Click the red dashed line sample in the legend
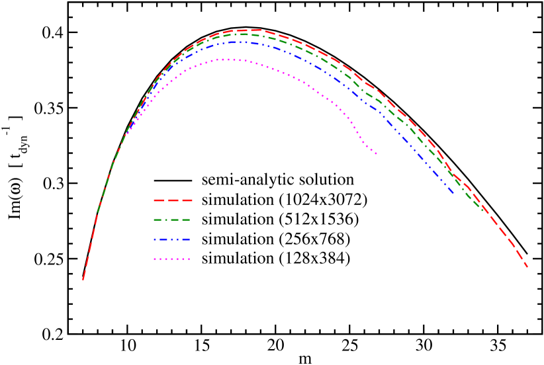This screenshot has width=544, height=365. [x=173, y=200]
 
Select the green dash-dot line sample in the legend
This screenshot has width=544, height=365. [x=172, y=220]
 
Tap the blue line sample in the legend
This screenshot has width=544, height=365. [x=172, y=239]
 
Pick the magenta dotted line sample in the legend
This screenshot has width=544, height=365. [x=172, y=259]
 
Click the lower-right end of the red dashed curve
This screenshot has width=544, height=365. [x=527, y=267]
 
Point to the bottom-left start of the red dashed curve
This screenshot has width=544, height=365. [x=83, y=280]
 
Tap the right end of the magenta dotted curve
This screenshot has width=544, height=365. [x=377, y=154]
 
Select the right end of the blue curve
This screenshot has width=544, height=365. [x=454, y=194]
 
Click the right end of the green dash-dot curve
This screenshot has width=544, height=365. [x=484, y=210]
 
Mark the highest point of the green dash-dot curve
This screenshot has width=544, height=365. [x=245, y=34]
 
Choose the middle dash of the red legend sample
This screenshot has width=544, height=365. [x=173, y=200]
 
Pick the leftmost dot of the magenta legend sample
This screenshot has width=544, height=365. [x=155, y=259]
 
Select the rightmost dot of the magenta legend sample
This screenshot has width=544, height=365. [x=189, y=259]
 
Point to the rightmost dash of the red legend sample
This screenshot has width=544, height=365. [x=187, y=200]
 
